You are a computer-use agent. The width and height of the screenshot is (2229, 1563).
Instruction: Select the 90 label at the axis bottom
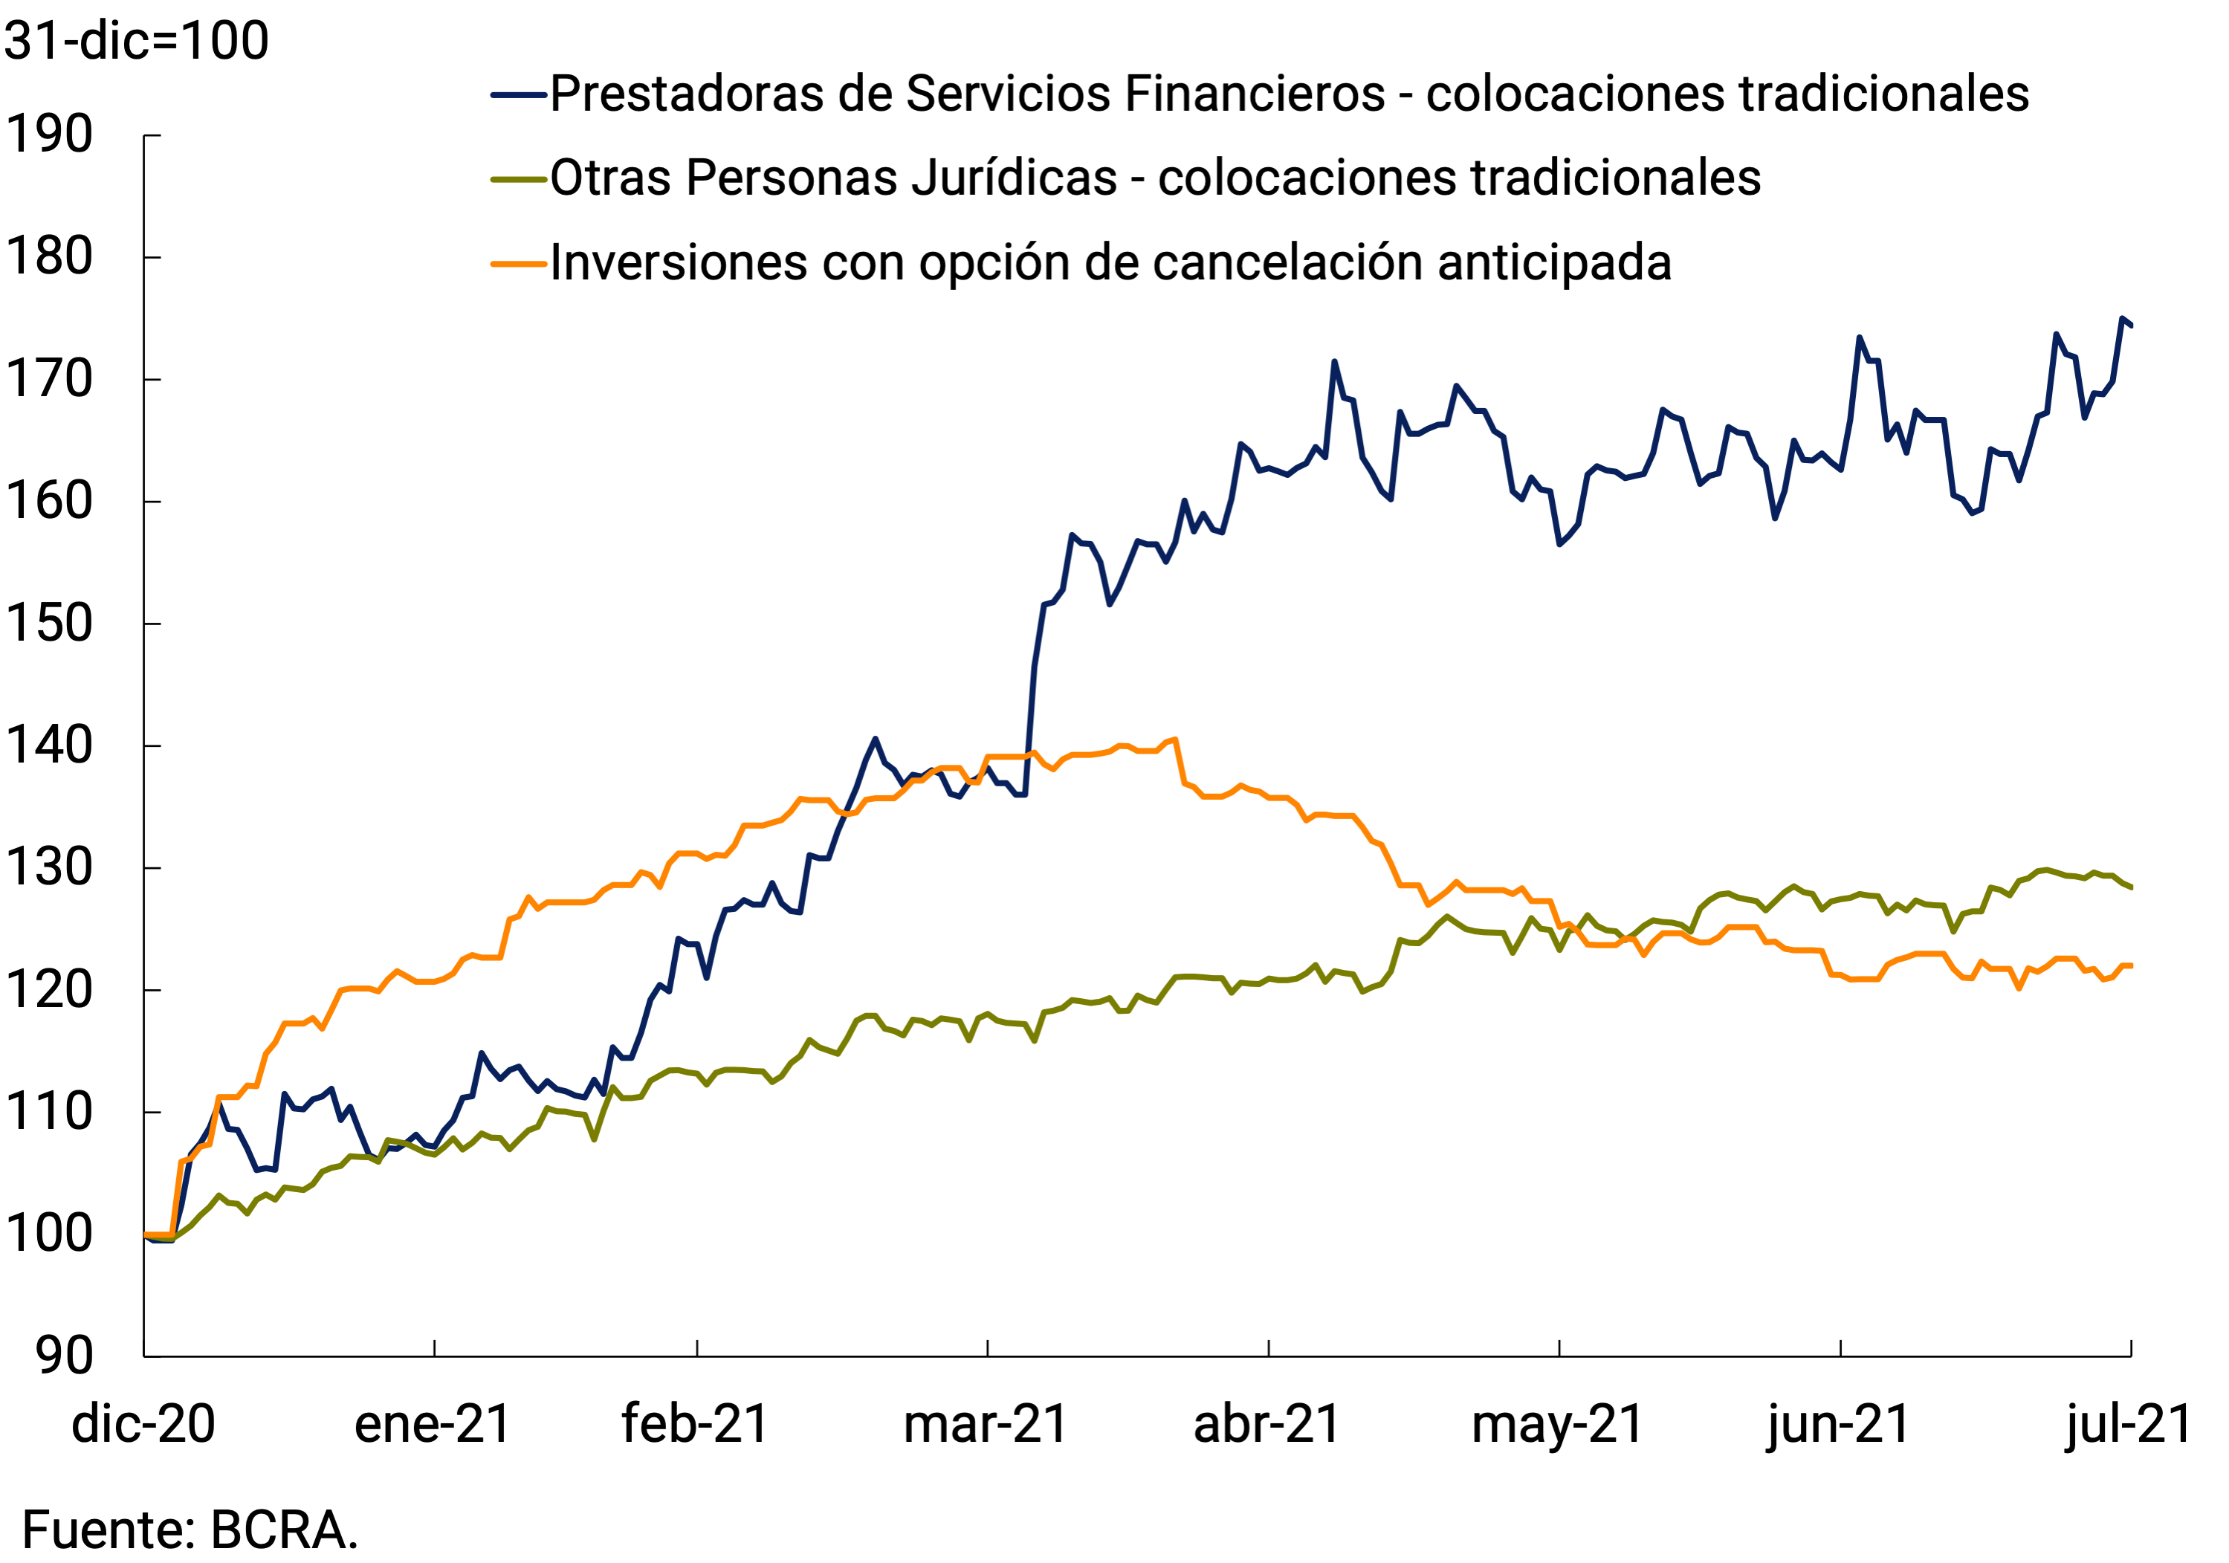[x=64, y=1356]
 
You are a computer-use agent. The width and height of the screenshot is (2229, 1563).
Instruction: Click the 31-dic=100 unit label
[x=137, y=41]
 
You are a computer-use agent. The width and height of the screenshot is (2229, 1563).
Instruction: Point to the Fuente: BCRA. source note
[x=190, y=1531]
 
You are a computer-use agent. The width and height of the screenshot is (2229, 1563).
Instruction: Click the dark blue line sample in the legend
[x=520, y=95]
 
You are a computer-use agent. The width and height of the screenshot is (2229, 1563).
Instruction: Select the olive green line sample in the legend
[x=520, y=178]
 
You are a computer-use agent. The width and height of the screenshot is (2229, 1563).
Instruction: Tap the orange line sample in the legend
[x=520, y=263]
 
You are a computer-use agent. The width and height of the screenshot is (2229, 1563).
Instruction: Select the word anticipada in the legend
[x=1554, y=263]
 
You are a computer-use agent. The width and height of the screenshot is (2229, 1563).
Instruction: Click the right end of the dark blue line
[x=2131, y=326]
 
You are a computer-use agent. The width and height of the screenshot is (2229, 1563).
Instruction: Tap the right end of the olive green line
[x=2131, y=887]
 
